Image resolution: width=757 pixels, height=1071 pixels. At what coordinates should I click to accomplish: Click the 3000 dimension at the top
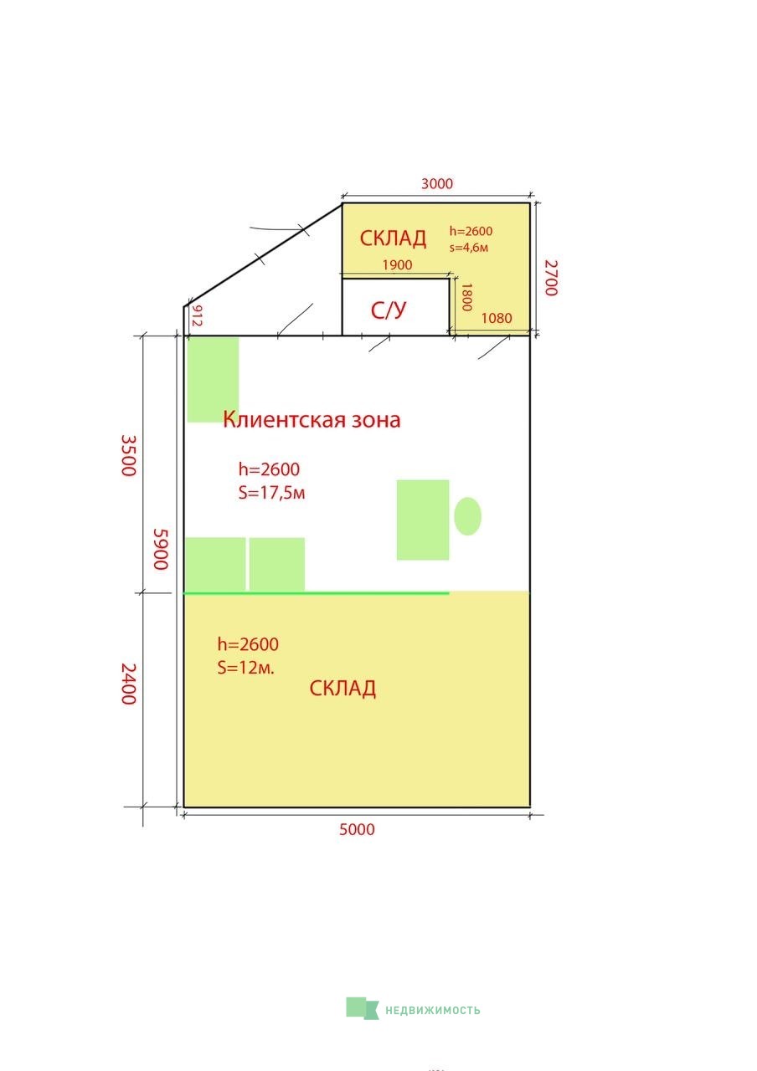tap(436, 183)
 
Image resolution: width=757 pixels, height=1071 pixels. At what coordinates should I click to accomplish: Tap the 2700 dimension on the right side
tap(551, 278)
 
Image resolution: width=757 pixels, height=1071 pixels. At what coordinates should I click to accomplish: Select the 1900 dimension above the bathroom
tap(397, 265)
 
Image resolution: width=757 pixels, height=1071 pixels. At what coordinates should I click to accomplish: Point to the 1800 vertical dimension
tap(467, 297)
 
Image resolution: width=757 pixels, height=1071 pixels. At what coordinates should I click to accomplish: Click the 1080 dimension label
tap(497, 318)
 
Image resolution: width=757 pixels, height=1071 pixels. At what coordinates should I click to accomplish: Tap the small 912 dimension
tap(197, 315)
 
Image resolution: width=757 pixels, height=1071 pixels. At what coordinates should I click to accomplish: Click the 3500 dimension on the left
tap(128, 455)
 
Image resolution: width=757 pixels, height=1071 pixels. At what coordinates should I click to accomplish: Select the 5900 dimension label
tap(160, 549)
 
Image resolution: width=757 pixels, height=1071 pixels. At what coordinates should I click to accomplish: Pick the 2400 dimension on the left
tap(128, 684)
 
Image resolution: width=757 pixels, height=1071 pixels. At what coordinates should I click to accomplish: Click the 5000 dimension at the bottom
tap(357, 829)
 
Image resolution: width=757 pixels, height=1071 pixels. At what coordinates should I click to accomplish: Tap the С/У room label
tap(389, 310)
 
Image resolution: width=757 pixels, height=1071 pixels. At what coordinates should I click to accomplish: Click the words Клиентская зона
tap(312, 419)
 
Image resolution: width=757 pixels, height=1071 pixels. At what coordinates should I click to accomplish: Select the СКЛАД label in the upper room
tap(393, 238)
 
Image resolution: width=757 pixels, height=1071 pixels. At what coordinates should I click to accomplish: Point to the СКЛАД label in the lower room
tap(342, 689)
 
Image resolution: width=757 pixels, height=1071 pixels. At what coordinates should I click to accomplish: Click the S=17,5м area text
tap(271, 493)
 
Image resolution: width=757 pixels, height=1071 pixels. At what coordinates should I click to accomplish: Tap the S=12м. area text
tap(245, 668)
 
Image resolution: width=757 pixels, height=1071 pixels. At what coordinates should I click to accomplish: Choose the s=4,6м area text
tap(468, 248)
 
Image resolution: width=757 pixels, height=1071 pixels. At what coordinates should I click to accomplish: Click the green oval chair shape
tap(467, 516)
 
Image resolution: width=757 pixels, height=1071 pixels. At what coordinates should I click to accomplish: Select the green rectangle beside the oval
tap(423, 520)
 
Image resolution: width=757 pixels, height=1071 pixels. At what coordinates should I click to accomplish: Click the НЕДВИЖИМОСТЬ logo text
tap(433, 1010)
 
